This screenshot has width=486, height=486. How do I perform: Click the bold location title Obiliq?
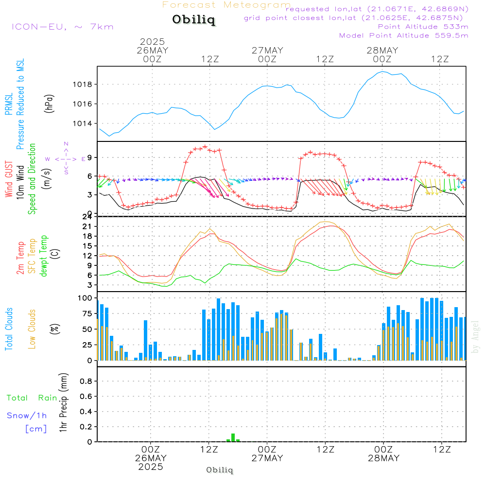click(x=193, y=20)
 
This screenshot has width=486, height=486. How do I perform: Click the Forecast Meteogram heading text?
click(x=226, y=5)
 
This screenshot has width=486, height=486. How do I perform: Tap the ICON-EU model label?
click(x=62, y=26)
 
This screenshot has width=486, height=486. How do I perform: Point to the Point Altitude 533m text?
click(x=423, y=26)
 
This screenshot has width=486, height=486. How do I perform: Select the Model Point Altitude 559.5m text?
click(x=403, y=35)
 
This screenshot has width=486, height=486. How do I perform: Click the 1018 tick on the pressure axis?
click(x=82, y=85)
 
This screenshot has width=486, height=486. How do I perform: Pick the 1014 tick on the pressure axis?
click(x=82, y=123)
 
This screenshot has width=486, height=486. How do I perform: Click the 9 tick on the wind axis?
click(x=90, y=157)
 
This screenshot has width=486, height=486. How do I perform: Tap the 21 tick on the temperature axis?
click(x=87, y=226)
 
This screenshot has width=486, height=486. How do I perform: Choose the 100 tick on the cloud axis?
click(x=86, y=297)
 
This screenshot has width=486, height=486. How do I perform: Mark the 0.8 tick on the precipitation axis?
click(x=87, y=381)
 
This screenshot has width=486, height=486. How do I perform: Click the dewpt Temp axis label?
click(x=44, y=256)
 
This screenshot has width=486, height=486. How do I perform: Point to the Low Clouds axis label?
click(x=33, y=329)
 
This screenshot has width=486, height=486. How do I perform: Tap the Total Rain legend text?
click(x=32, y=398)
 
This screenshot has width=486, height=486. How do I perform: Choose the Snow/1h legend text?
click(x=27, y=416)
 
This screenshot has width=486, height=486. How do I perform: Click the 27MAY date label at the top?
click(x=267, y=50)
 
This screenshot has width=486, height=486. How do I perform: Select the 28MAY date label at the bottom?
click(x=383, y=458)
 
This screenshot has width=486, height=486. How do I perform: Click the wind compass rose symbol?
click(x=66, y=158)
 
